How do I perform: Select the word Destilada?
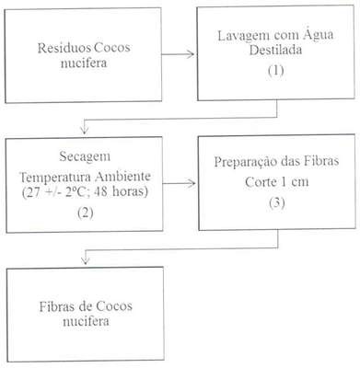point(275,50)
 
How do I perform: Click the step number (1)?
point(275,71)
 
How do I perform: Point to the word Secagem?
point(85,156)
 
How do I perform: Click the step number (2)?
point(86,213)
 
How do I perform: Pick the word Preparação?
point(246,162)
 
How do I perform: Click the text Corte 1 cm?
point(276,182)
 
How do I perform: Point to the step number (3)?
point(277,202)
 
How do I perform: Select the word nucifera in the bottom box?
point(86,321)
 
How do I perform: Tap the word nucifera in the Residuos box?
point(84,63)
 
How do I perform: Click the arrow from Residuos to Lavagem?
point(178,54)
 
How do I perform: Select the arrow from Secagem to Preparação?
point(179,183)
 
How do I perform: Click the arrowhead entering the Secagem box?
point(84,131)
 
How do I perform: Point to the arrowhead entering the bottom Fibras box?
point(86,260)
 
